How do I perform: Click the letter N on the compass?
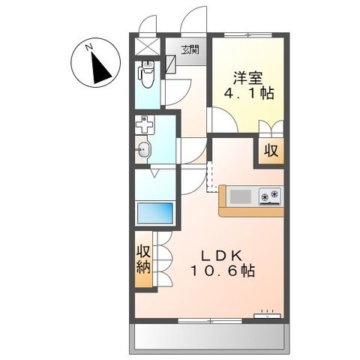pyautogui.click(x=89, y=48)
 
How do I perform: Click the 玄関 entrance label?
pyautogui.click(x=190, y=50)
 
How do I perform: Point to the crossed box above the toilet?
pyautogui.click(x=145, y=46)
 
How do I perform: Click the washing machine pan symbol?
pyautogui.click(x=145, y=124)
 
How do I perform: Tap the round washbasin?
pyautogui.click(x=144, y=150)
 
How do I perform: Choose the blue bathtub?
pyautogui.click(x=154, y=212)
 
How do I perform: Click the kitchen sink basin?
pyautogui.click(x=241, y=196)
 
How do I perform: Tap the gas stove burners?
pyautogui.click(x=269, y=196)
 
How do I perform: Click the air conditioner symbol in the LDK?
pyautogui.click(x=265, y=313)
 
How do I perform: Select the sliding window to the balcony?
pyautogui.click(x=209, y=320)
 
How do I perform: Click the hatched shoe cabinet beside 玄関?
pyautogui.click(x=169, y=64)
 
